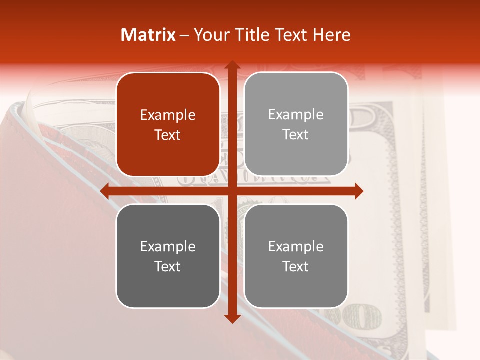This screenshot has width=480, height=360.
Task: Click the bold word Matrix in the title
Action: tap(148, 35)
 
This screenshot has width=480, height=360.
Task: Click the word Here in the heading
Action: tap(331, 35)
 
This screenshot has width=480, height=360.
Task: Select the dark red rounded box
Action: tap(168, 124)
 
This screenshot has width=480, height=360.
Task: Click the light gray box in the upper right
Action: tap(296, 124)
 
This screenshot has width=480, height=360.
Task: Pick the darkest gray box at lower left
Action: tap(168, 256)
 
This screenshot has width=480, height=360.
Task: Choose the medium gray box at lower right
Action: tap(296, 256)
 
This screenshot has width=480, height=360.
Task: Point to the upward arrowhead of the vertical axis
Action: tap(232, 65)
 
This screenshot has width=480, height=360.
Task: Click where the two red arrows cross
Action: tap(232, 191)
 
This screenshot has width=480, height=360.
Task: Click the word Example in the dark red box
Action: tap(168, 115)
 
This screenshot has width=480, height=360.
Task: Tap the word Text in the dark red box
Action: tap(168, 135)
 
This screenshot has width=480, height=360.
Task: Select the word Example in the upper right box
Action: tap(296, 115)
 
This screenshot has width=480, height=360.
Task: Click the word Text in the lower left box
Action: tap(168, 266)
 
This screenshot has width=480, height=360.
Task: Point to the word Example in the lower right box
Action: tap(296, 246)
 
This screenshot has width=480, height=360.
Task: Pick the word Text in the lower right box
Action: tap(296, 266)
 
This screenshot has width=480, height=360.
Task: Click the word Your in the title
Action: tap(210, 35)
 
